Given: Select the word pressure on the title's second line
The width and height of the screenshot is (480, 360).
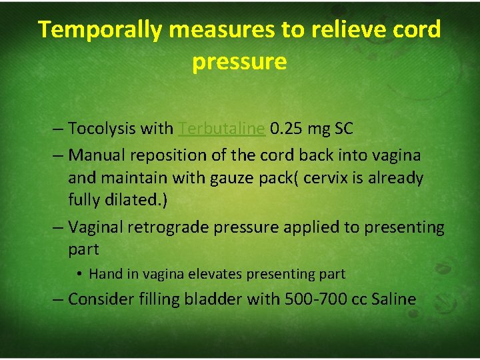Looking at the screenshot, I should tap(239, 61).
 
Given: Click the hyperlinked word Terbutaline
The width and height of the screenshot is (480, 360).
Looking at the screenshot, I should tap(222, 129).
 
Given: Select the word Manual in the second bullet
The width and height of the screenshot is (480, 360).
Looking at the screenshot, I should tap(94, 155).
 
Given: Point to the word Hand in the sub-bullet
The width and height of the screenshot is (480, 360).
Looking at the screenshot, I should tap(103, 274).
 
